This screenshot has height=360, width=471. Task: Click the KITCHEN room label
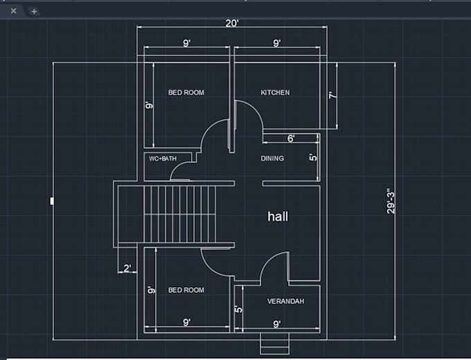click(275, 93)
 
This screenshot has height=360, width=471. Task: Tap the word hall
click(278, 217)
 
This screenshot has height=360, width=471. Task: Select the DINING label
click(272, 159)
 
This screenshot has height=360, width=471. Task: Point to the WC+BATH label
click(163, 159)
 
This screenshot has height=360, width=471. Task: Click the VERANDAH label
click(285, 301)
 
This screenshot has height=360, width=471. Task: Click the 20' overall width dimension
click(232, 23)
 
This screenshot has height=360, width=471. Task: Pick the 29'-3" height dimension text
click(391, 201)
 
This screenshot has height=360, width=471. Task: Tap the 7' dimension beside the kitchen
click(333, 96)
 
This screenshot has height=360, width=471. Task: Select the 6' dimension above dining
click(291, 138)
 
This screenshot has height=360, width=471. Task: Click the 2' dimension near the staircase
click(127, 268)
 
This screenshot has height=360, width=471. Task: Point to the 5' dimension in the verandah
click(238, 309)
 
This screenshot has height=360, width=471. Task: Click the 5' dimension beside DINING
click(313, 157)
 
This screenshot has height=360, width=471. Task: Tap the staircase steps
click(179, 214)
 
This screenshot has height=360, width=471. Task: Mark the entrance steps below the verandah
click(274, 344)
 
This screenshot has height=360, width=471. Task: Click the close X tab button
click(14, 11)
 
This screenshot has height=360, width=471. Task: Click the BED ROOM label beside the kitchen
click(186, 93)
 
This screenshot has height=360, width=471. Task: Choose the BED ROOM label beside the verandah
click(186, 290)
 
